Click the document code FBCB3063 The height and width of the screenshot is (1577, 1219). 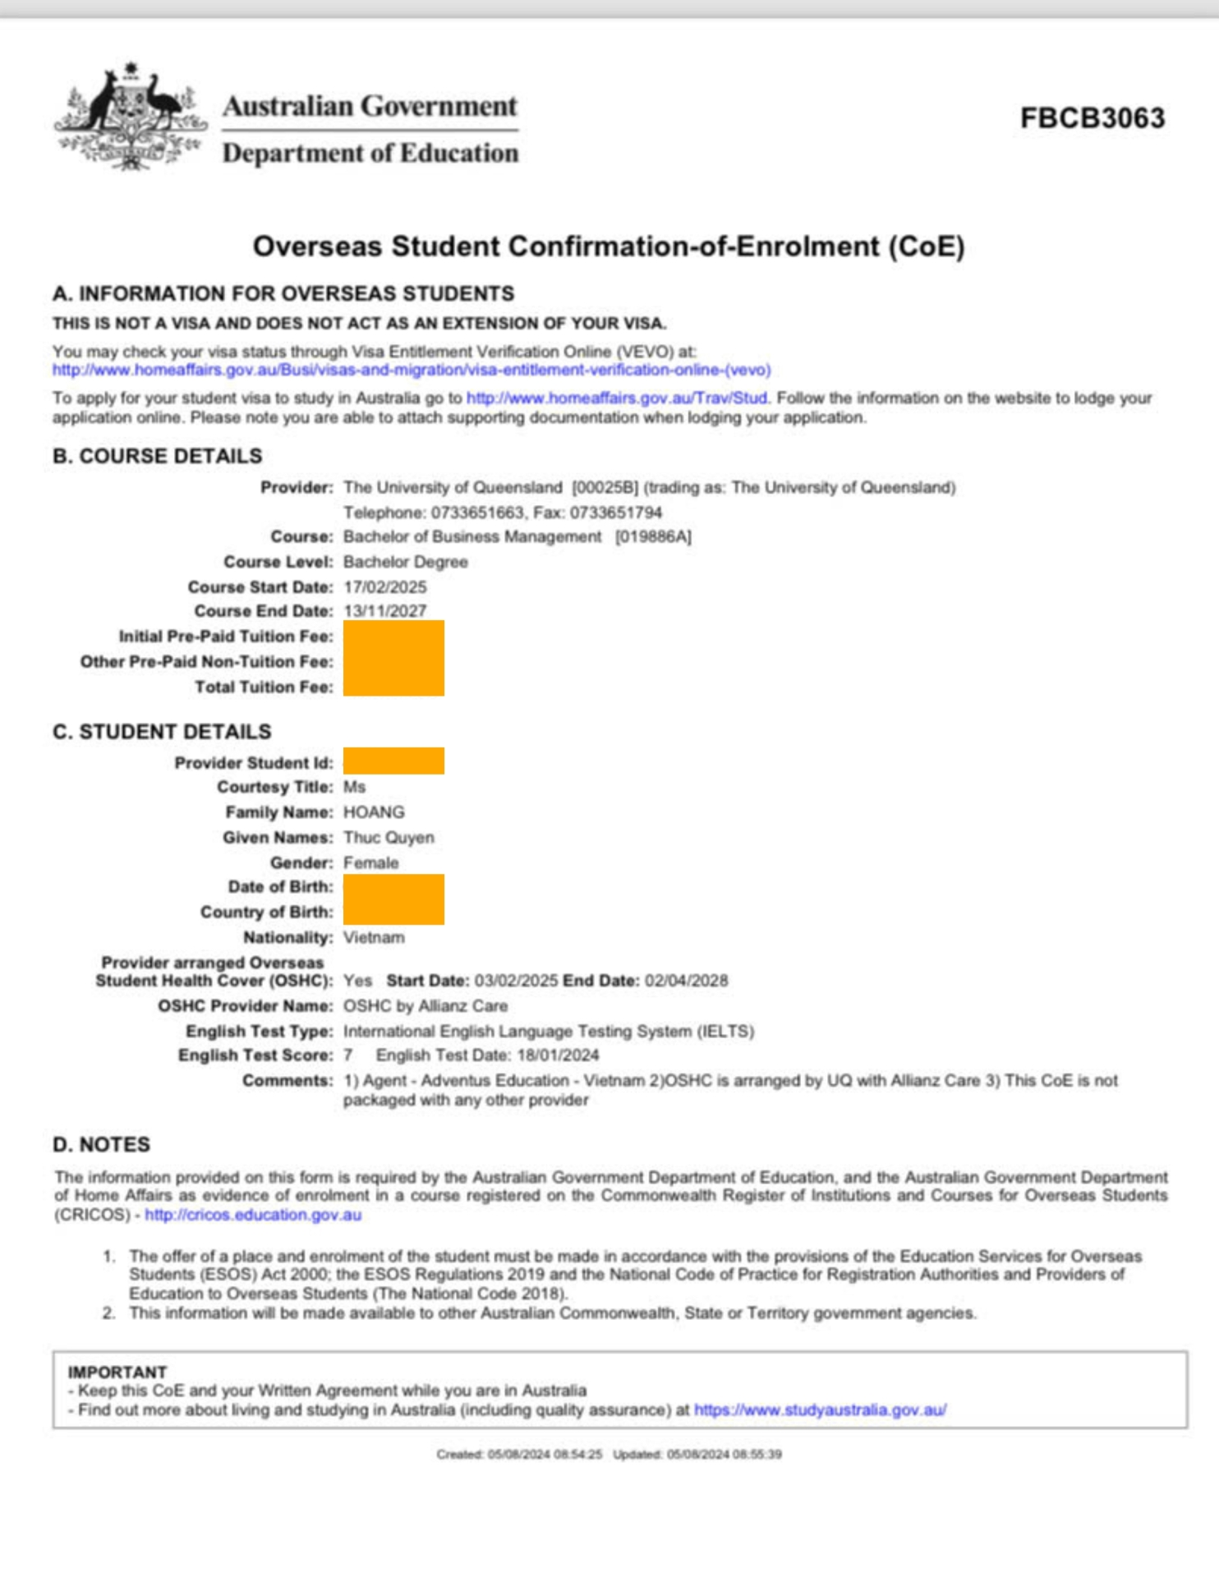(x=1092, y=118)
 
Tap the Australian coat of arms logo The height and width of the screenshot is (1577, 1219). (x=130, y=118)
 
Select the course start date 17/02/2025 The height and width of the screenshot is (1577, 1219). (x=385, y=587)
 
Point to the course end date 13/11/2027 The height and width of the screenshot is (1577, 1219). (x=385, y=611)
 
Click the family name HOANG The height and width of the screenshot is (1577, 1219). (x=374, y=812)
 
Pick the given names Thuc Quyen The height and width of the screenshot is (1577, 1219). (x=389, y=838)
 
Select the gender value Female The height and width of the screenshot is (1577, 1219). (x=371, y=863)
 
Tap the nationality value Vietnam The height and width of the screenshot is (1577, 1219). (x=374, y=938)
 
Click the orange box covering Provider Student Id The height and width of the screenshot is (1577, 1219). (x=393, y=761)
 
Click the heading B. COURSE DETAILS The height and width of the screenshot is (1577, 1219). (x=158, y=457)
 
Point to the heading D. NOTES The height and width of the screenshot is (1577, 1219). (x=102, y=1145)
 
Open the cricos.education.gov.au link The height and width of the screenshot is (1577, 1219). (x=253, y=1215)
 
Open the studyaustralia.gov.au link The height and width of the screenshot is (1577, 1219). (x=820, y=1410)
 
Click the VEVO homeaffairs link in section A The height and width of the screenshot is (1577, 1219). (x=412, y=370)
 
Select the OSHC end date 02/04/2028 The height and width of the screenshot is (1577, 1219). (x=687, y=981)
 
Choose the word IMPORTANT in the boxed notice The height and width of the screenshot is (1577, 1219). (x=117, y=1372)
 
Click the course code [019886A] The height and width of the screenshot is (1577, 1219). (x=653, y=537)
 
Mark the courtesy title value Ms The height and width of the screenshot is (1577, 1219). (x=354, y=788)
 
